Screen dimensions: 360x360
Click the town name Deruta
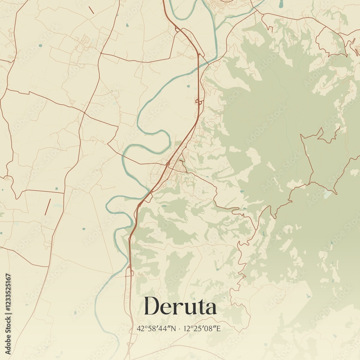(180, 307)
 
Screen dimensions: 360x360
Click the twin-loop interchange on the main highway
(199, 102)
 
